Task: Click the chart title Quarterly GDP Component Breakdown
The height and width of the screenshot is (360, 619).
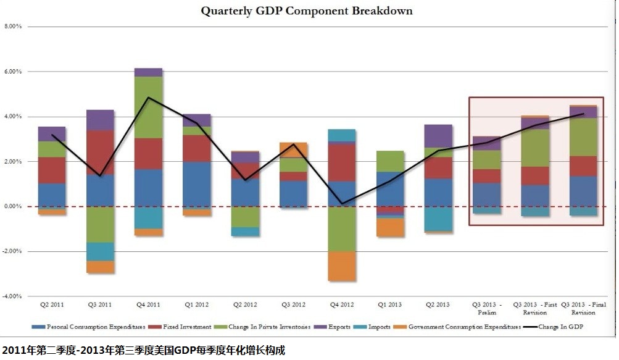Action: tap(307, 11)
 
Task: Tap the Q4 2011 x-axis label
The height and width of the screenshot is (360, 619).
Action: tap(148, 305)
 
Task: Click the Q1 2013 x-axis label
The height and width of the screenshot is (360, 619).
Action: tap(391, 305)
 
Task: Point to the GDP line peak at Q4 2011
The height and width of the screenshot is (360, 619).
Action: tap(148, 98)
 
